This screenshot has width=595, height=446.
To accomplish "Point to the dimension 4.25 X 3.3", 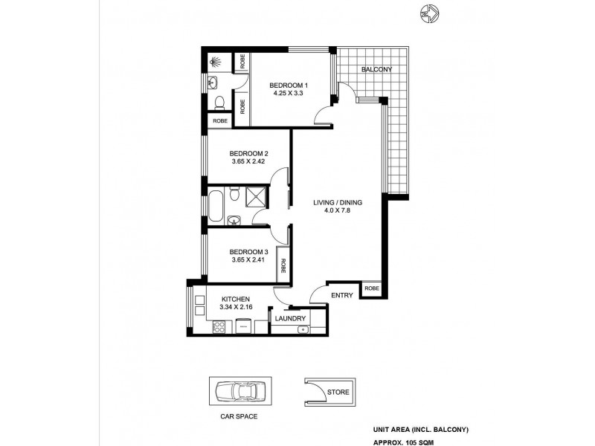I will point(289,94).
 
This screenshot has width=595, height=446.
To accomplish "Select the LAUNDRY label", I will point(289,318).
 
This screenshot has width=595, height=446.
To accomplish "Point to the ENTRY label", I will point(342,296).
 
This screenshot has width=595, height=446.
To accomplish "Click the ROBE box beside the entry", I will point(372,288).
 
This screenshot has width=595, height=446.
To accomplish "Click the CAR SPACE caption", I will point(239,417).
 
